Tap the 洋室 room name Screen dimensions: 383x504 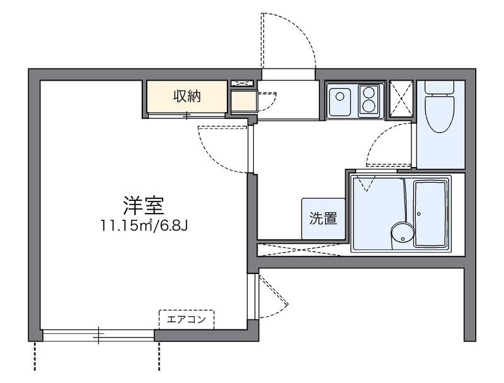tap(144, 206)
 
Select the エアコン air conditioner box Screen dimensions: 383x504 tap(186, 319)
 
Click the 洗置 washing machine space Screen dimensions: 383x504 tap(323, 219)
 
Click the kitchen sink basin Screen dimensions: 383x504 tap(341, 98)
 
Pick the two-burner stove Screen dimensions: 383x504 tap(368, 98)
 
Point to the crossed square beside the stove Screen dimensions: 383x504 tap(401, 99)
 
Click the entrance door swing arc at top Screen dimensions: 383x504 tap(287, 38)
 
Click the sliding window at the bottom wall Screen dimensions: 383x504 tap(99, 335)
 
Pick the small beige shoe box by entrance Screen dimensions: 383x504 tap(243, 101)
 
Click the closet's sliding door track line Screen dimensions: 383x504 tap(187, 115)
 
